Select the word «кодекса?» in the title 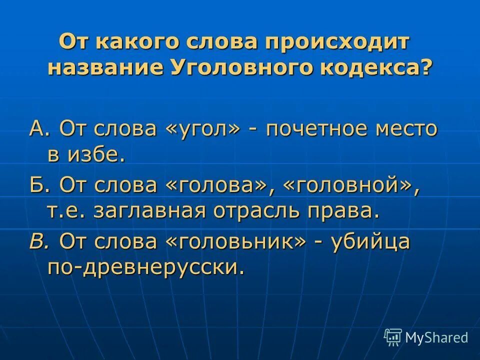click(x=374, y=67)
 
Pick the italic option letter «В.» click(x=39, y=242)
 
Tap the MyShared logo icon click(x=393, y=337)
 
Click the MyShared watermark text click(x=436, y=338)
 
